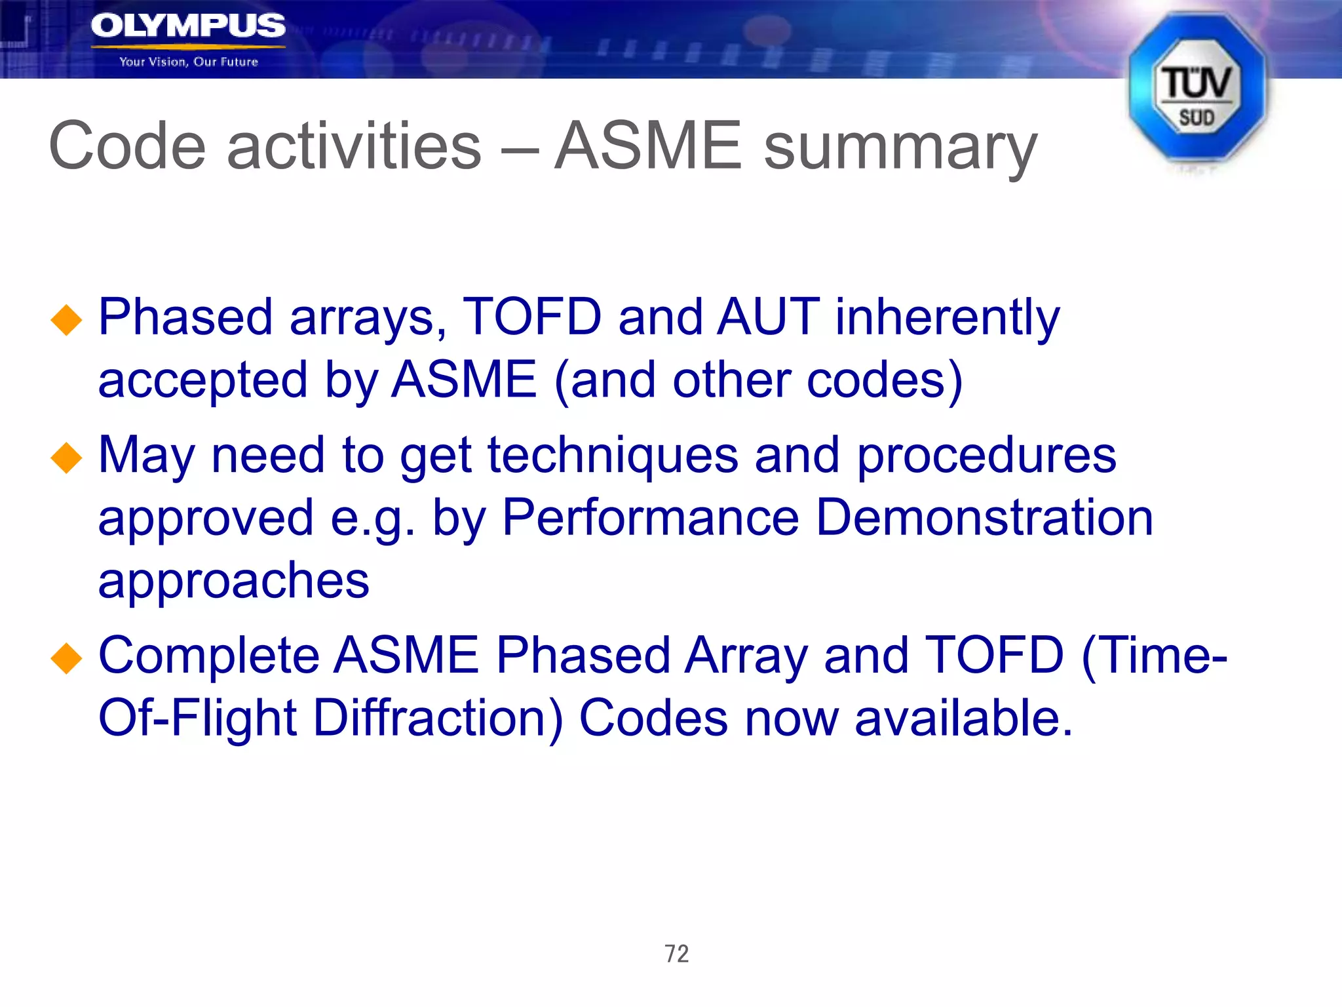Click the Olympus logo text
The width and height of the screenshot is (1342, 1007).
(x=188, y=26)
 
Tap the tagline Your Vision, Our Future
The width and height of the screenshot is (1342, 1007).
(x=189, y=62)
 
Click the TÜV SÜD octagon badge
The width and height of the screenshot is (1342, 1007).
(x=1197, y=89)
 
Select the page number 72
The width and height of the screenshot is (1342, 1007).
(x=677, y=953)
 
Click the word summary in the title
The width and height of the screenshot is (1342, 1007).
(x=900, y=148)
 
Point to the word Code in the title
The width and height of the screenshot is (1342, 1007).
(x=127, y=146)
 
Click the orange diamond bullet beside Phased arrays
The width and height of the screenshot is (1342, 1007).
(x=67, y=321)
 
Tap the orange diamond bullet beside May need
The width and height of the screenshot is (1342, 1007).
(x=67, y=458)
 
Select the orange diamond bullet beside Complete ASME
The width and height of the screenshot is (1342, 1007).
(x=67, y=658)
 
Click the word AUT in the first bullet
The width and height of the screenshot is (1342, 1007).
(x=768, y=317)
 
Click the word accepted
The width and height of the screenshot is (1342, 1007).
(x=202, y=382)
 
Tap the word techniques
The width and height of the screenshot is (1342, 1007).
(x=613, y=456)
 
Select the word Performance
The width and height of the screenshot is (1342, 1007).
(x=650, y=518)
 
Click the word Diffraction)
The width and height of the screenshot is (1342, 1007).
(x=438, y=719)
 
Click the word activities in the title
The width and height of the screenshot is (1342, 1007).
(x=354, y=146)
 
